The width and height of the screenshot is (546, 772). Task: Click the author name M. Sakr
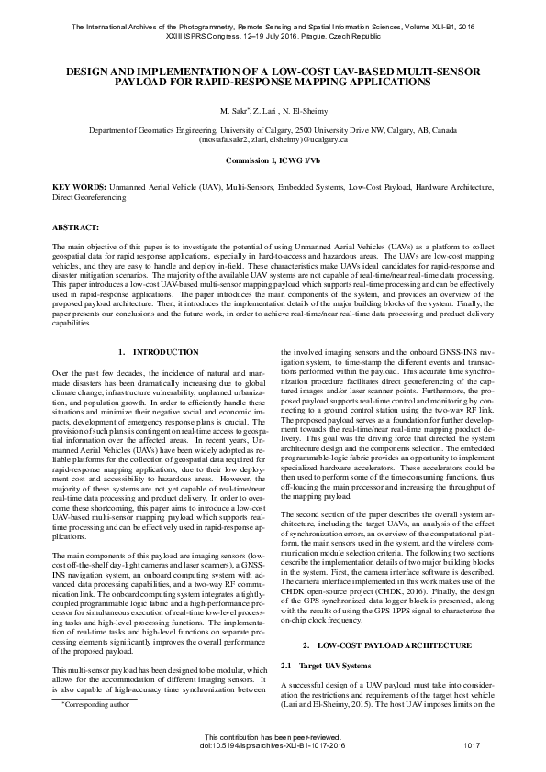233,110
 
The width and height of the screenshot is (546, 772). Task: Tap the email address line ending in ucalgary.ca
273,140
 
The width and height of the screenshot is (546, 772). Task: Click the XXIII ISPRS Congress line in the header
273,37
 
